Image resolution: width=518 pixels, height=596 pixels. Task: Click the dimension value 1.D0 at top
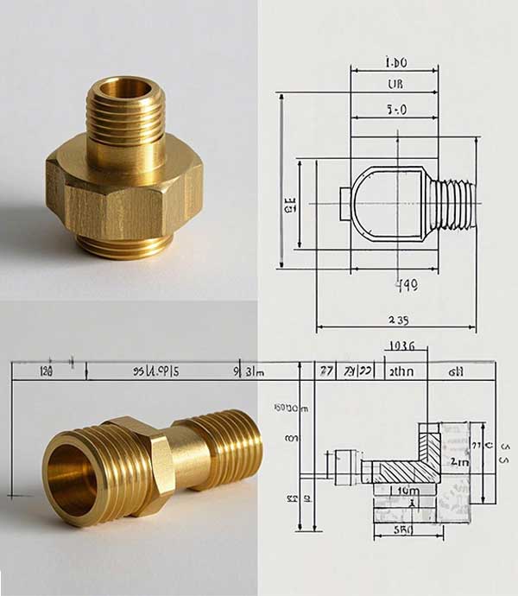(396, 63)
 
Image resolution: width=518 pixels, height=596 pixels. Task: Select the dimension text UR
(397, 85)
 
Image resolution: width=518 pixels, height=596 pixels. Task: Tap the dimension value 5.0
(397, 110)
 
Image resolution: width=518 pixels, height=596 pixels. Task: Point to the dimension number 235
(398, 320)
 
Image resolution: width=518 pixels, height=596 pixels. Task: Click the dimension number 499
(406, 284)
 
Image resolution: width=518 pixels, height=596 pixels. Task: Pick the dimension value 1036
(401, 346)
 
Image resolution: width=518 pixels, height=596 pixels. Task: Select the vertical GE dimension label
(290, 205)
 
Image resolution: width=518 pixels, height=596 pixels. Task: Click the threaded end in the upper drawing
(454, 204)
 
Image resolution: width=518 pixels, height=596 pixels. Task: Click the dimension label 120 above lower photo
(47, 371)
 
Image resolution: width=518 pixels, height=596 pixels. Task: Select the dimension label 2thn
(401, 371)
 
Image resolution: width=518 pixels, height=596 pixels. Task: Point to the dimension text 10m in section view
(408, 491)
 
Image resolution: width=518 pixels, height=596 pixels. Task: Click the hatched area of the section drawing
(406, 471)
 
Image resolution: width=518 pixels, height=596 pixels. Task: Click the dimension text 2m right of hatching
(459, 462)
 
